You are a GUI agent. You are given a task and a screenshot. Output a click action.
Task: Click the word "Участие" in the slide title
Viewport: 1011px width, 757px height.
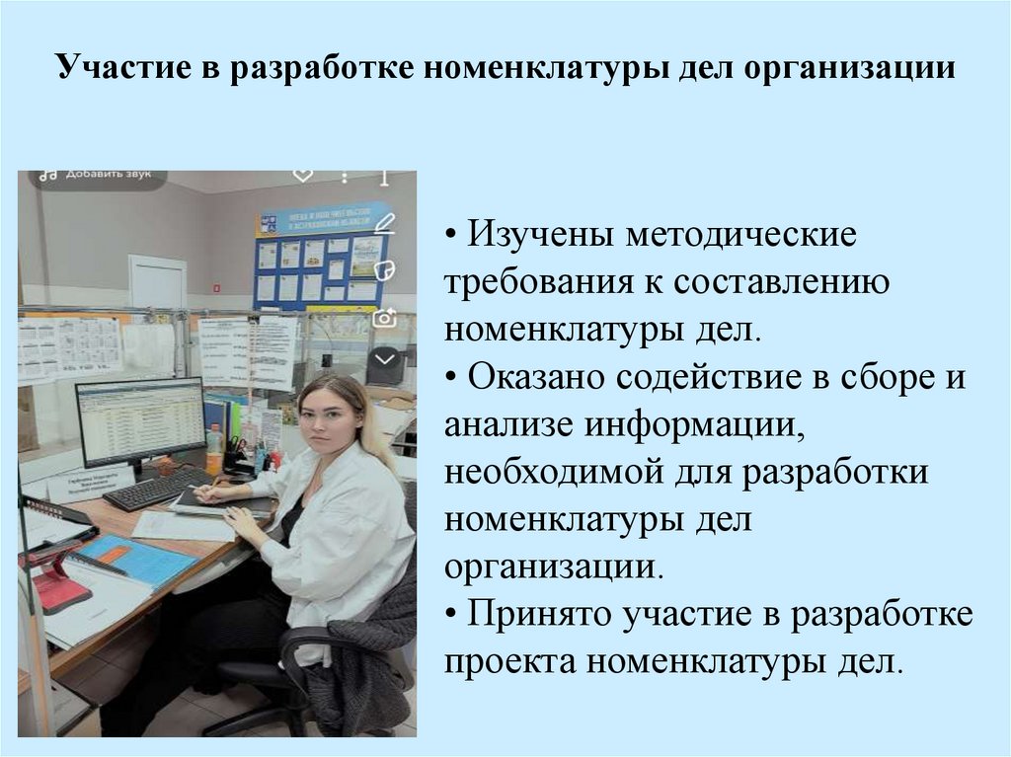point(108,70)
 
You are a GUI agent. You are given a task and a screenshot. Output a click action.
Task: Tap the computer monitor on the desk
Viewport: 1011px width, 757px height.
point(141,421)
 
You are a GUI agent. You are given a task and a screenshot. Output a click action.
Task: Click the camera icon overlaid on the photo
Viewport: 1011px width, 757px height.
point(384,318)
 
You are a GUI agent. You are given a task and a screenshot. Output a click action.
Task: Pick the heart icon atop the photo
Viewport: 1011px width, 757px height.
point(303,176)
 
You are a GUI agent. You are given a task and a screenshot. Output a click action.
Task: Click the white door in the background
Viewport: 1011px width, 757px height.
point(157,281)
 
